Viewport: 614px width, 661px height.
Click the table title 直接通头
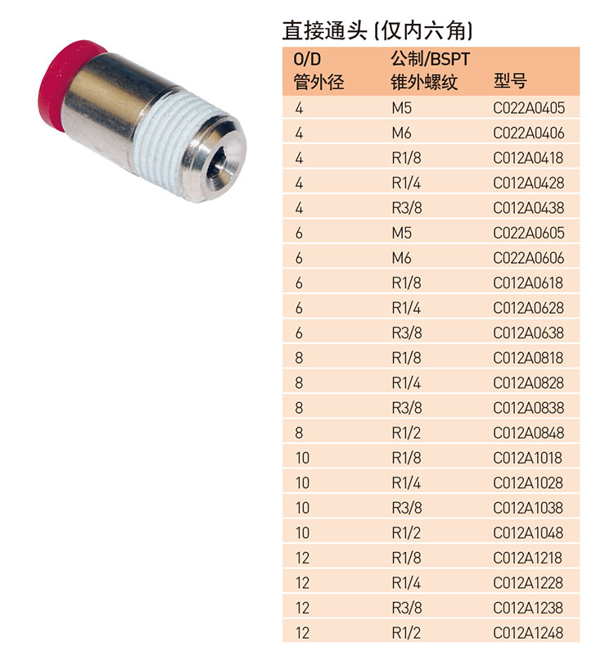pos(324,30)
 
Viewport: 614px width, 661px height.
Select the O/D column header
pos(307,60)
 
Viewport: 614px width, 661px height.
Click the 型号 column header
pos(510,81)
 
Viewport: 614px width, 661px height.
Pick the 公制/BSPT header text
pos(430,60)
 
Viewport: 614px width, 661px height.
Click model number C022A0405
pos(529,108)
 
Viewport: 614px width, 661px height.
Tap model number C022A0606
pos(529,258)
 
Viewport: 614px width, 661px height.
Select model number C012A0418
pos(528,158)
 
